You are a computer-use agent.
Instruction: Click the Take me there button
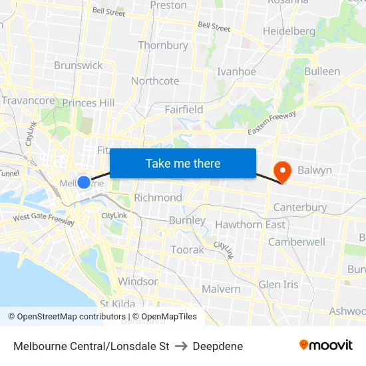[183, 163]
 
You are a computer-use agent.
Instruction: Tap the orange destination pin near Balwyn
[283, 172]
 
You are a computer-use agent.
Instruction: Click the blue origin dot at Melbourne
[84, 182]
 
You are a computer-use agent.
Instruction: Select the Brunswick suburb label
[79, 65]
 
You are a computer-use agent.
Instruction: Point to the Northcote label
[155, 81]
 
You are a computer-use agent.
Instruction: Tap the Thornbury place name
[163, 45]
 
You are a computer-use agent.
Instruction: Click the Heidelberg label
[289, 31]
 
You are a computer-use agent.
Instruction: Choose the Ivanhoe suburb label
[236, 72]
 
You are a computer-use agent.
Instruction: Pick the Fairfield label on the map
[184, 109]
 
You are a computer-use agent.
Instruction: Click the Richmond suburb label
[158, 198]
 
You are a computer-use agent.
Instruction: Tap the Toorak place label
[188, 250]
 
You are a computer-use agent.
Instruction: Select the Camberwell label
[297, 242]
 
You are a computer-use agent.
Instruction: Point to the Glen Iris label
[278, 284]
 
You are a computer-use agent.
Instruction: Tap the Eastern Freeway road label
[272, 124]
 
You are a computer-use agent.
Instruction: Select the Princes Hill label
[89, 102]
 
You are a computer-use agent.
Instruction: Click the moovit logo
[325, 345]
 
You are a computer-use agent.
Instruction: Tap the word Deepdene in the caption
[218, 346]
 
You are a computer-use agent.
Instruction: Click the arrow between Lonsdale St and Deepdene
[181, 346]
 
